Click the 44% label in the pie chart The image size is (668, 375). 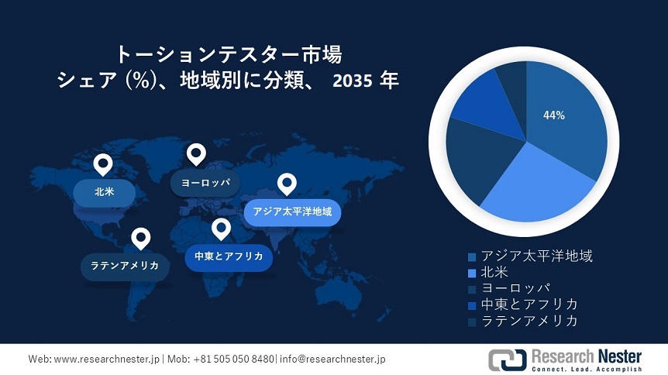(x=554, y=115)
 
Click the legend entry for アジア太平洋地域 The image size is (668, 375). (x=530, y=256)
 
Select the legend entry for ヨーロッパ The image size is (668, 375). (x=509, y=288)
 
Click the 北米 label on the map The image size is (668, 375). (x=105, y=192)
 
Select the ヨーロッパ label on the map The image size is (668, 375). (x=205, y=183)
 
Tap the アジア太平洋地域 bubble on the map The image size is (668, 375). (x=292, y=212)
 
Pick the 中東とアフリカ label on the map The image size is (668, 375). (x=229, y=256)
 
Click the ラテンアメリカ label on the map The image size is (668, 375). (x=125, y=267)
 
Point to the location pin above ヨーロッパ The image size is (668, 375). (x=196, y=154)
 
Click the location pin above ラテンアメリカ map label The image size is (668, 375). (x=140, y=238)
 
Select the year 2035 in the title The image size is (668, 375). (x=353, y=81)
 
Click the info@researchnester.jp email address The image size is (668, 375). (x=332, y=359)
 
